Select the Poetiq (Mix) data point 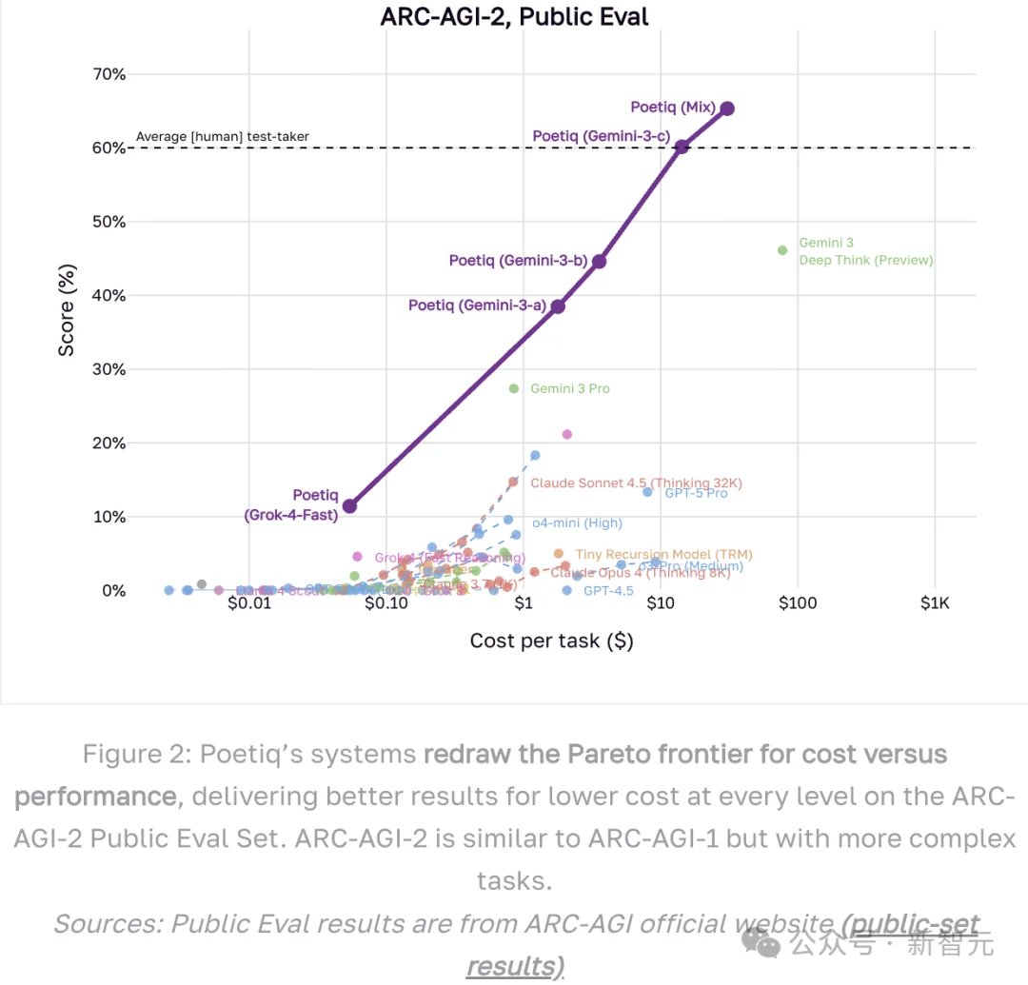pos(727,108)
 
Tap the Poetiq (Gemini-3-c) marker pos(682,146)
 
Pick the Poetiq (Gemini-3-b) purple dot pos(599,261)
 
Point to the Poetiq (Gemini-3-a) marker pos(558,306)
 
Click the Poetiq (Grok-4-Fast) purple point pos(349,506)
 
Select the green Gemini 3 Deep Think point pos(782,250)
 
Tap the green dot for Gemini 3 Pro pos(514,388)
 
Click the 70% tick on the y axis pos(107,74)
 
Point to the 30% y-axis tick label pos(107,369)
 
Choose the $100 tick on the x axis pos(798,603)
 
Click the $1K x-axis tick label pos(935,603)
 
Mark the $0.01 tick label pos(249,603)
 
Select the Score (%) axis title pos(67,316)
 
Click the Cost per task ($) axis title pos(551,640)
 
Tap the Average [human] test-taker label pos(222,137)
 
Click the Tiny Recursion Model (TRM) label pos(663,554)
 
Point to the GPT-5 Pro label pos(696,493)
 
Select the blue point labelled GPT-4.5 pos(567,590)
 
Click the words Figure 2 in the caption pos(133,755)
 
